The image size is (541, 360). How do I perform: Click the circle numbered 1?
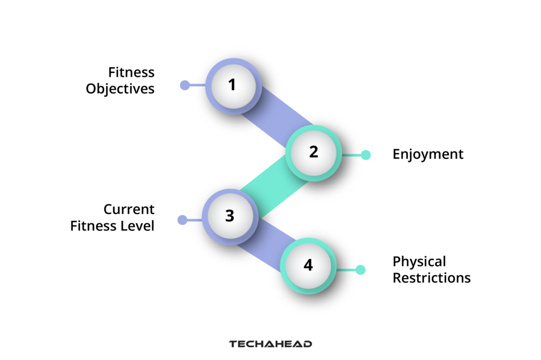click(233, 85)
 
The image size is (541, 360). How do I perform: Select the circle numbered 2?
click(314, 153)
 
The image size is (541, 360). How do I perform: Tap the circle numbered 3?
click(230, 216)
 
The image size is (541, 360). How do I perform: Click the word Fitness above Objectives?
click(131, 72)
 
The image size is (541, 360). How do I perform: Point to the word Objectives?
click(120, 88)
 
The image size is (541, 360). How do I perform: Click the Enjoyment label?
click(428, 154)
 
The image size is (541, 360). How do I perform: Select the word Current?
click(129, 210)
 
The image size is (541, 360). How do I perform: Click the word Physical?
click(419, 261)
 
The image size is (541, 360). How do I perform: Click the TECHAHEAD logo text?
click(270, 344)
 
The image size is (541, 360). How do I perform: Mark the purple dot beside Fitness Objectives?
click(185, 85)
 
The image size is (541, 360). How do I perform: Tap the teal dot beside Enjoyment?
click(366, 155)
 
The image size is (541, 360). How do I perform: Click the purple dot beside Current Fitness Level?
click(182, 220)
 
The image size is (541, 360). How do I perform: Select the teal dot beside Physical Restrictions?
click(360, 270)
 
